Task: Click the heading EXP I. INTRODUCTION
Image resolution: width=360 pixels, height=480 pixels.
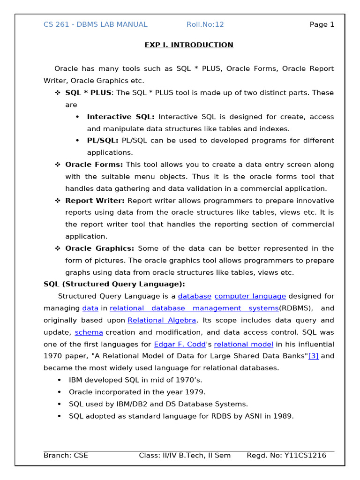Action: click(188, 45)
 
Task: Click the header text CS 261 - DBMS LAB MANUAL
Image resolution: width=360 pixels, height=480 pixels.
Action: click(95, 24)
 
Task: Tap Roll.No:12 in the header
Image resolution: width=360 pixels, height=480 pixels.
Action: click(205, 24)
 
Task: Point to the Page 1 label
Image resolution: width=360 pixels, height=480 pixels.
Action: click(322, 24)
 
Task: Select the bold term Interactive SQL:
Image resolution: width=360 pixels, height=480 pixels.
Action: click(122, 117)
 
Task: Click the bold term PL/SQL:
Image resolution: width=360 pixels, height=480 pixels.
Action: click(102, 141)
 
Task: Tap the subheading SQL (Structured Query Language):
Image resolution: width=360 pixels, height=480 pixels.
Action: click(114, 284)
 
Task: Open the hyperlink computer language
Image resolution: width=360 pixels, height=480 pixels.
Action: click(250, 296)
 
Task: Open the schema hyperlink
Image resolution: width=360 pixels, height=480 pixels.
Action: click(89, 332)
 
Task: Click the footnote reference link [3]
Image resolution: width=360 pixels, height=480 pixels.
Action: click(313, 356)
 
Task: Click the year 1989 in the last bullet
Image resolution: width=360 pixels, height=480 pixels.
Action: click(283, 416)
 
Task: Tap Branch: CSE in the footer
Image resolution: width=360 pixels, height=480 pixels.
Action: click(66, 455)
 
